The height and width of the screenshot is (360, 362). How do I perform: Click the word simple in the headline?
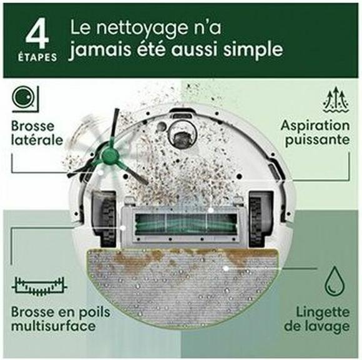248,49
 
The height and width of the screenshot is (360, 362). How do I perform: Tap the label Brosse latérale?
37,132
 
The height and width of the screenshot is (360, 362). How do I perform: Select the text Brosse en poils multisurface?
53,317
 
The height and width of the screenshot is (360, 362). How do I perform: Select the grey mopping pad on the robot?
181,281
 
